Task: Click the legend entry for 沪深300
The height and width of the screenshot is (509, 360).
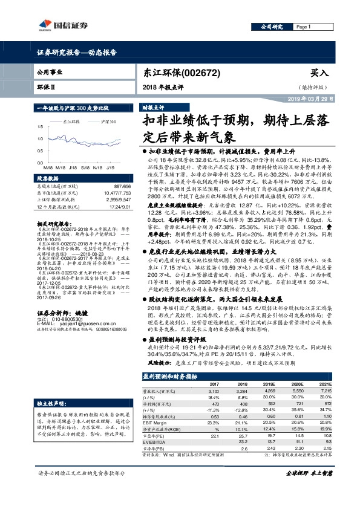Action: click(109, 122)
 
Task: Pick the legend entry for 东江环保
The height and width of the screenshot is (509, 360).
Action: click(73, 122)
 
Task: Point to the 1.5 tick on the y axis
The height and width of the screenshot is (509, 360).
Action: click(39, 128)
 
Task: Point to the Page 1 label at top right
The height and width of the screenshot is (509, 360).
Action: click(303, 27)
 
